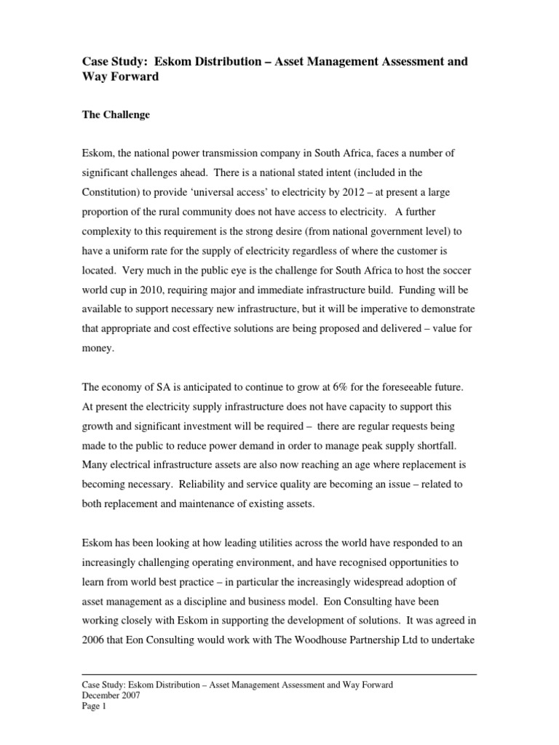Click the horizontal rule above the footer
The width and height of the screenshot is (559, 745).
(x=279, y=674)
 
